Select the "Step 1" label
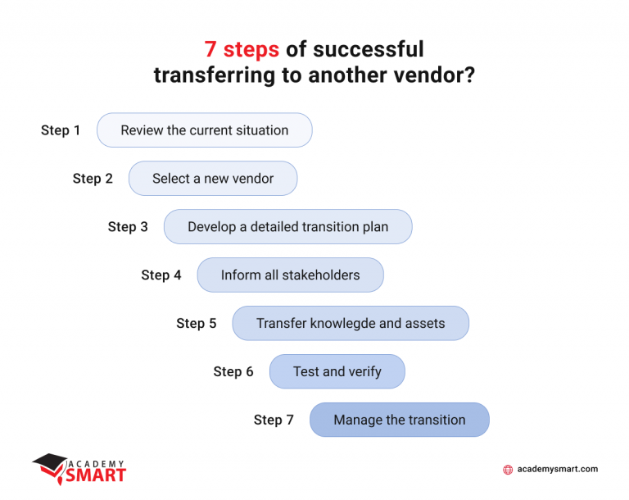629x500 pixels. click(x=61, y=130)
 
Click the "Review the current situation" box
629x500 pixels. click(x=205, y=130)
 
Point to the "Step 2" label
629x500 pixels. click(x=93, y=179)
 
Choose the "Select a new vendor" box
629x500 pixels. click(x=213, y=179)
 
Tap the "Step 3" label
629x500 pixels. click(x=128, y=227)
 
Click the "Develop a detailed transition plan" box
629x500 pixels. click(x=287, y=227)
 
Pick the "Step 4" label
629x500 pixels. click(x=161, y=275)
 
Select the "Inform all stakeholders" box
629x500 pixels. click(x=290, y=275)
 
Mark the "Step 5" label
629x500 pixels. click(x=197, y=324)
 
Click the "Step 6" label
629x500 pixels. click(x=233, y=372)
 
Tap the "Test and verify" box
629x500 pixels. click(x=337, y=372)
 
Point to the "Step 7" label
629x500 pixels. click(x=274, y=420)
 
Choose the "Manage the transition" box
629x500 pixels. click(x=399, y=420)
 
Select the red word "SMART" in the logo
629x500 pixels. click(x=96, y=475)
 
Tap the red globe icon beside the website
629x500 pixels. click(x=508, y=470)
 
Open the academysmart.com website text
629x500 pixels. click(x=558, y=470)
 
